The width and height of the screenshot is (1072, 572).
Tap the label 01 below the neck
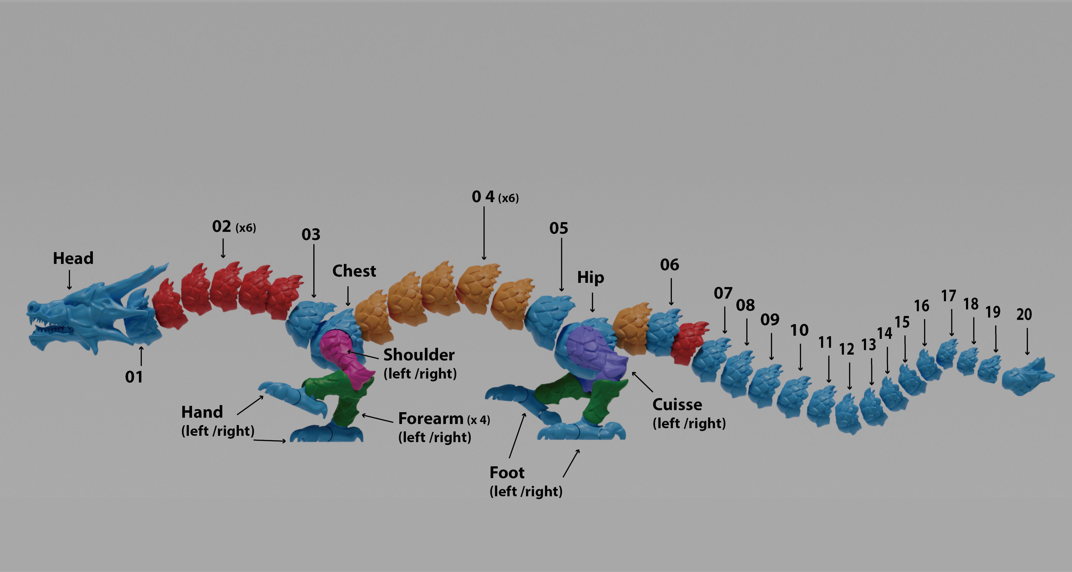134,377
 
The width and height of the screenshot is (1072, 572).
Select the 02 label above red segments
222,227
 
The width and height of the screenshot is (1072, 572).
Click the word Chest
354,271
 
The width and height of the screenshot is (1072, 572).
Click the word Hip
591,277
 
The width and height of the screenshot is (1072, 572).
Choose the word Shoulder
419,355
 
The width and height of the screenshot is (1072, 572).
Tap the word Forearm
431,418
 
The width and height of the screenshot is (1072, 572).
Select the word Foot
507,473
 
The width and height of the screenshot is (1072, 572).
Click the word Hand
202,412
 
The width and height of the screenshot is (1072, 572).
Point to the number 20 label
1024,314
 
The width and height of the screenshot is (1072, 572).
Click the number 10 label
799,330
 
